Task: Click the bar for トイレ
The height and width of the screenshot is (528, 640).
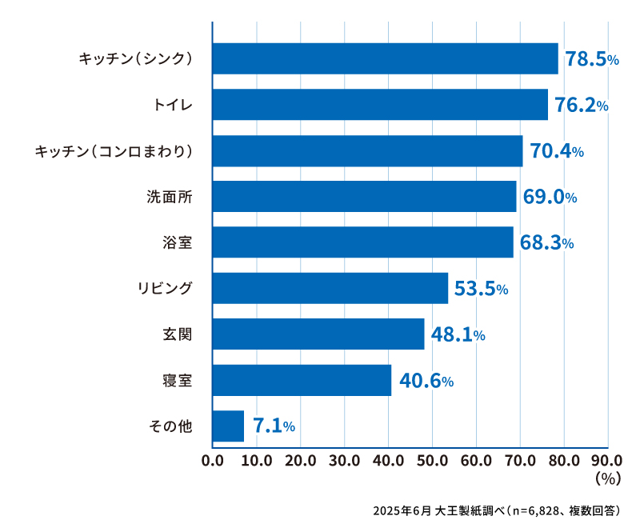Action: (x=380, y=104)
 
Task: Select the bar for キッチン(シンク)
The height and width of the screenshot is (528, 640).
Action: (x=385, y=58)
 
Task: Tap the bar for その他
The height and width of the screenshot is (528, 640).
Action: (x=228, y=426)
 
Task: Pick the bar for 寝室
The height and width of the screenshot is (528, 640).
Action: (x=302, y=380)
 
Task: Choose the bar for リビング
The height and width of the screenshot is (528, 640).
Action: (x=330, y=288)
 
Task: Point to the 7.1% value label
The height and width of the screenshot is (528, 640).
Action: (x=274, y=426)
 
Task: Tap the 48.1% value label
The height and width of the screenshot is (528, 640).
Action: (x=458, y=334)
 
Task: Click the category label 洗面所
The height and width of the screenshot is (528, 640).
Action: (x=169, y=197)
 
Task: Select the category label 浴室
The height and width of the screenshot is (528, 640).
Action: (x=177, y=242)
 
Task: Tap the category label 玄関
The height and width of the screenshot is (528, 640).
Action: (x=177, y=334)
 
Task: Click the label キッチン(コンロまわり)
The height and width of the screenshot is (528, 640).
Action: (x=114, y=151)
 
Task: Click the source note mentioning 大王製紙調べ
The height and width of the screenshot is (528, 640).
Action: (x=496, y=510)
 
